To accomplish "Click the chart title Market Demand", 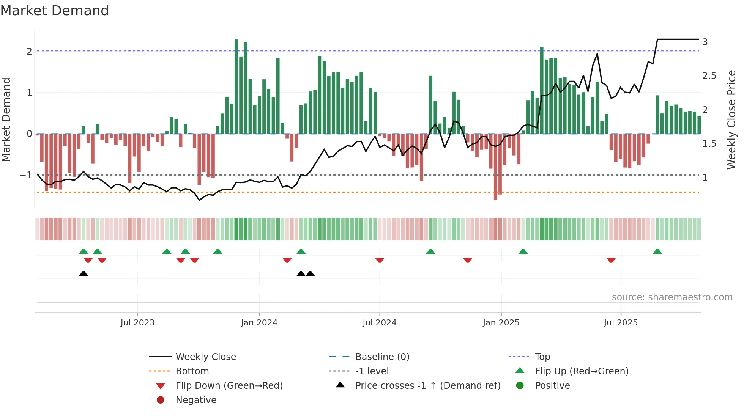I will pyautogui.click(x=55, y=10).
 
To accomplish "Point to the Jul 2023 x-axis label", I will pyautogui.click(x=137, y=323).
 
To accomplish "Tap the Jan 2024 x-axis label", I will pyautogui.click(x=259, y=323).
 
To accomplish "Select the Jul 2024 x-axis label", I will pyautogui.click(x=379, y=323).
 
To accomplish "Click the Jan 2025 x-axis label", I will pyautogui.click(x=501, y=323).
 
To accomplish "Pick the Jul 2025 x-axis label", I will pyautogui.click(x=621, y=323).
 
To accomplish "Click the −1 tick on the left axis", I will pyautogui.click(x=26, y=175).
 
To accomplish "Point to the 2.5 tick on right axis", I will pyautogui.click(x=709, y=76).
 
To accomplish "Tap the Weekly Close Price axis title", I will pyautogui.click(x=731, y=119).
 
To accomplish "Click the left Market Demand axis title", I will pyautogui.click(x=6, y=119).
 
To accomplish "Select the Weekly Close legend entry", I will pyautogui.click(x=205, y=357).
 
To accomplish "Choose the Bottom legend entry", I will pyautogui.click(x=192, y=371).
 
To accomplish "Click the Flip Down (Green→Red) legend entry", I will pyautogui.click(x=229, y=386).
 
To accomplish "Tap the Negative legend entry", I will pyautogui.click(x=196, y=400).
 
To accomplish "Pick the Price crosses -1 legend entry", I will pyautogui.click(x=427, y=386).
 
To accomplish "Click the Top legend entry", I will pyautogui.click(x=542, y=357).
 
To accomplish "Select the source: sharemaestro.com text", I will pyautogui.click(x=672, y=297).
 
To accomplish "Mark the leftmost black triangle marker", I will pyautogui.click(x=84, y=273).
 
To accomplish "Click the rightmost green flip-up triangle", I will pyautogui.click(x=657, y=251).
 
